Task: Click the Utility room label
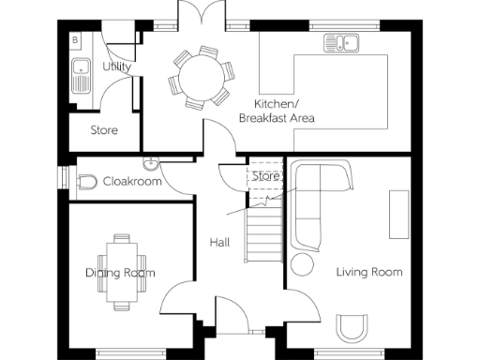point(117,67)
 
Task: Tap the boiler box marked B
point(76,40)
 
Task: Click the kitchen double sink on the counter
point(342,42)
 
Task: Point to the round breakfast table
point(199,74)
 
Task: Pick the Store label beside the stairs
point(267,176)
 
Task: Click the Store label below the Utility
point(104,130)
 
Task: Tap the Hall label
point(219,243)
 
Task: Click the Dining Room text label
point(121,273)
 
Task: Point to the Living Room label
point(368,273)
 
